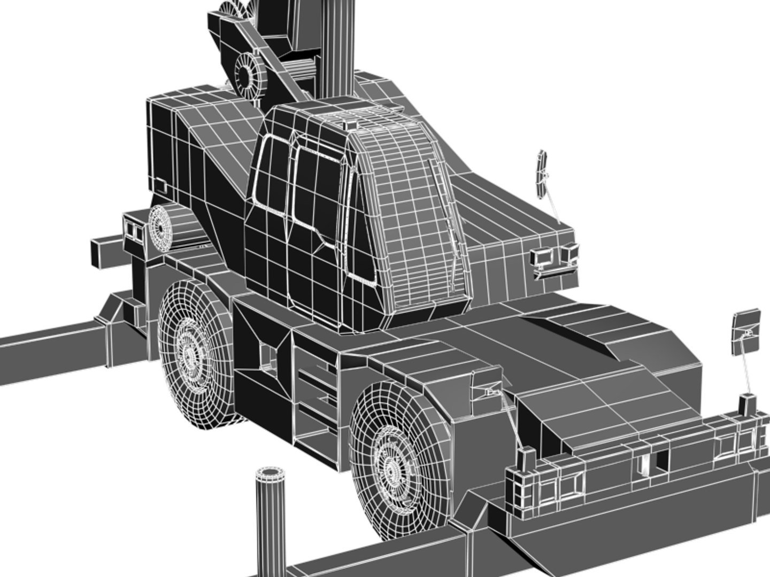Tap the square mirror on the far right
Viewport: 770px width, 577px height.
(x=746, y=331)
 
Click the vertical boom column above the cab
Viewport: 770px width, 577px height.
(x=337, y=48)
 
